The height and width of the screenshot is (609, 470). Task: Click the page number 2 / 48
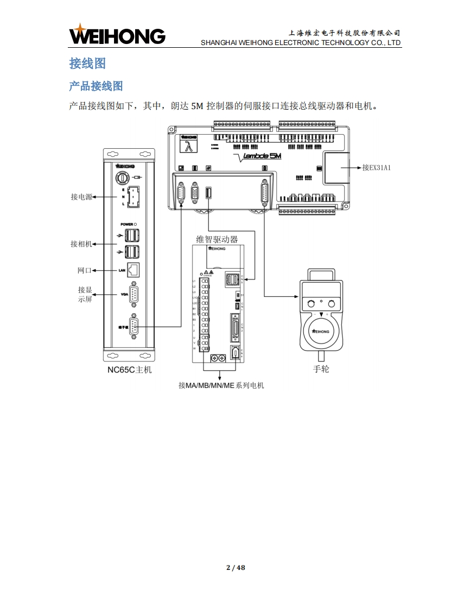point(236,568)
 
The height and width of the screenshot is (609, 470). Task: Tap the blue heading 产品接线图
point(96,86)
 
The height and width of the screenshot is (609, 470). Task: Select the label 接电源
point(81,197)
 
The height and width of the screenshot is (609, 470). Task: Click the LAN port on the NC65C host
point(133,269)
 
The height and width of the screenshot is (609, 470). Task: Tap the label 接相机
point(81,244)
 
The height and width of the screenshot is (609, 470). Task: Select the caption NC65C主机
point(129,370)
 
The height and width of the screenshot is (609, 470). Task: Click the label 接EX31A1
point(377,168)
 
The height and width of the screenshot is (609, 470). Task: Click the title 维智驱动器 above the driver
point(217,239)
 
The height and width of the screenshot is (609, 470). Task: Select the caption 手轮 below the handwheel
point(321,369)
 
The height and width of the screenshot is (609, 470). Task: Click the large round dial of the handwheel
point(321,329)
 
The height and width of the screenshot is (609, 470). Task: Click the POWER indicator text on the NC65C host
point(128,224)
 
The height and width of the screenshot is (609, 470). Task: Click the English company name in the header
point(301,42)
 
